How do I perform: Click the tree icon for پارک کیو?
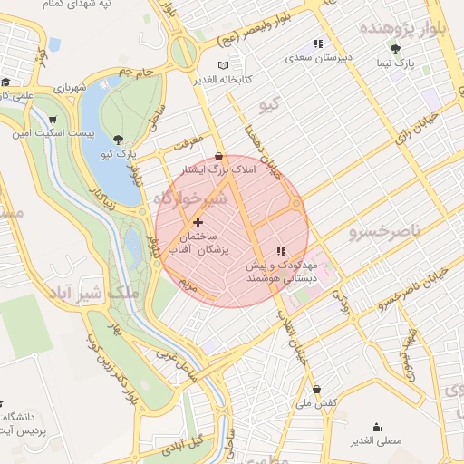(x=119, y=139)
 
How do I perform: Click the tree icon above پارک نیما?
(x=394, y=49)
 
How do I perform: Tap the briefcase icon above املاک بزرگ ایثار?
(x=218, y=156)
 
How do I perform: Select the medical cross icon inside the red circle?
(x=198, y=222)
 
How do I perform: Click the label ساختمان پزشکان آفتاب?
(x=198, y=242)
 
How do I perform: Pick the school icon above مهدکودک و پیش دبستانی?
(x=281, y=251)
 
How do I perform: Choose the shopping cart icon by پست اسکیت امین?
(x=53, y=119)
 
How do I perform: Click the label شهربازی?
(x=67, y=89)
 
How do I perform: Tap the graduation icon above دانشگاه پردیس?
(x=5, y=402)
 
